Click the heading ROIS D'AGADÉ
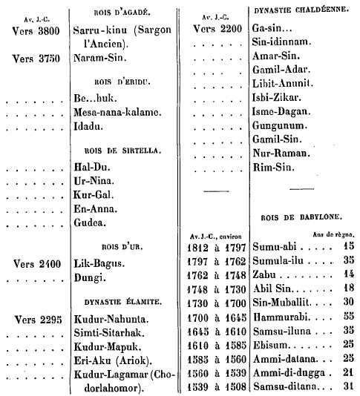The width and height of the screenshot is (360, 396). (x=122, y=13)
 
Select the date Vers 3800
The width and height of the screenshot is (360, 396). (x=36, y=31)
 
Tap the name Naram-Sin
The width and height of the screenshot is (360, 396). (x=99, y=58)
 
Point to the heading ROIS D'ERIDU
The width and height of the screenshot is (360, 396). (x=122, y=82)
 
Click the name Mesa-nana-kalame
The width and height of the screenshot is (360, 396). (x=117, y=112)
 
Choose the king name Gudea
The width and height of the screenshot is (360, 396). (x=90, y=222)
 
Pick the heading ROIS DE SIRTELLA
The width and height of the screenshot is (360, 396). (x=122, y=151)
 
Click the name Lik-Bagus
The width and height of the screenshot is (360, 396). (x=99, y=264)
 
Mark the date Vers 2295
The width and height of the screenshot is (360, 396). (x=38, y=320)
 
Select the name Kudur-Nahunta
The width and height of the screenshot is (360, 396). (x=111, y=319)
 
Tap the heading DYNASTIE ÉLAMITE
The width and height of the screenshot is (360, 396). (x=123, y=302)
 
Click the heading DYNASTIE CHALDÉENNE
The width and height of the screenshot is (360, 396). (x=301, y=10)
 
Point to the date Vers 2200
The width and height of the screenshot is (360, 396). (x=217, y=29)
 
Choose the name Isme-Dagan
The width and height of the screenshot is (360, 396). (x=281, y=111)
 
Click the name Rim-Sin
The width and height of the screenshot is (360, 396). (x=274, y=167)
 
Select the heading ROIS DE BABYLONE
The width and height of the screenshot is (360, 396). (x=301, y=217)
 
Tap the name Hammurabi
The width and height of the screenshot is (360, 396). (x=281, y=317)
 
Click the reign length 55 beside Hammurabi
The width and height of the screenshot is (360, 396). (x=349, y=316)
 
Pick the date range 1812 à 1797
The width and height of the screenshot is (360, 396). (x=217, y=248)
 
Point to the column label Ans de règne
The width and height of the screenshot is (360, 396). (x=333, y=234)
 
